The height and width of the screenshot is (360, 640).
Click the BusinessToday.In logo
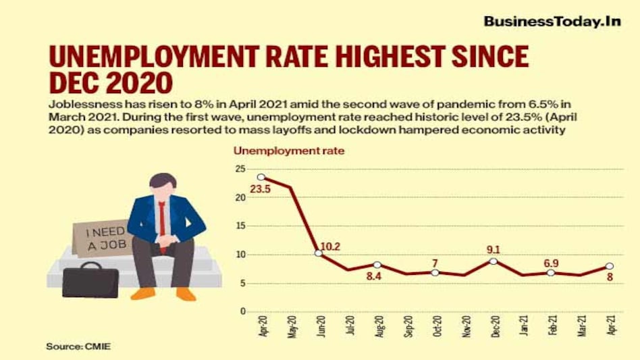[x=552, y=22]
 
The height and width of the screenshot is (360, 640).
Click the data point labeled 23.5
[x=261, y=178]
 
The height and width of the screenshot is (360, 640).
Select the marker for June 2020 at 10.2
[x=318, y=253]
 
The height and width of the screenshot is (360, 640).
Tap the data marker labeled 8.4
[x=377, y=265]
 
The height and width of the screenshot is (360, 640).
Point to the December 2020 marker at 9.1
[x=493, y=261]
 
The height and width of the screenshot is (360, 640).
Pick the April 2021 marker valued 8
[x=609, y=266]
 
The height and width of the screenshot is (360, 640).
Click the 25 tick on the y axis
[x=240, y=169]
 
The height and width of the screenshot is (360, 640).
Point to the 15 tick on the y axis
[x=240, y=226]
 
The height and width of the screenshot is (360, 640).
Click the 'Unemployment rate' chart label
[x=289, y=151]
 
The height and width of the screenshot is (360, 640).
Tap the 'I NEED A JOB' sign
[x=101, y=238]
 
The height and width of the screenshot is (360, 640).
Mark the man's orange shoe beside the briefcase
[x=143, y=294]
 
